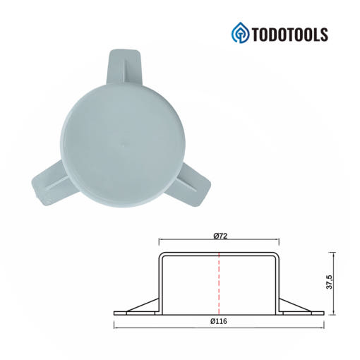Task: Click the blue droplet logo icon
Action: (240, 32)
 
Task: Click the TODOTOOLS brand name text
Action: (289, 35)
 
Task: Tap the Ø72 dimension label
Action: (220, 236)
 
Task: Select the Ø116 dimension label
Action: (219, 321)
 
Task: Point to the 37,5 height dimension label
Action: (330, 282)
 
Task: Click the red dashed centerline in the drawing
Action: (219, 284)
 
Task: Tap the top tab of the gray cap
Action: (124, 67)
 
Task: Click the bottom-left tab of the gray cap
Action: (51, 184)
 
